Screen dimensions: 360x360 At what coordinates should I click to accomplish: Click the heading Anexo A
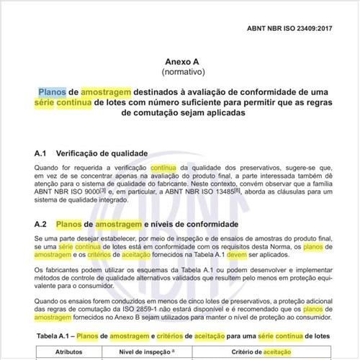[x=184, y=62]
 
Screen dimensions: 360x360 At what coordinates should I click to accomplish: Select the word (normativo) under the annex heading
[x=184, y=73]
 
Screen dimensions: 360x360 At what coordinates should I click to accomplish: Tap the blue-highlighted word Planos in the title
[x=53, y=91]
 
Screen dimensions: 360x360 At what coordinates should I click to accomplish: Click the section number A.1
[x=41, y=154]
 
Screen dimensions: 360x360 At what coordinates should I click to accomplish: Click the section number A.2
[x=41, y=225]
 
